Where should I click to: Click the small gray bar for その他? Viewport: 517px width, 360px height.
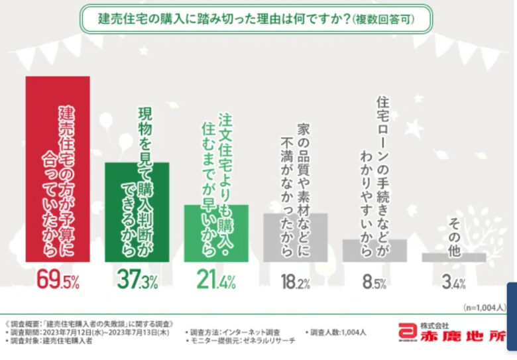pos(454,257)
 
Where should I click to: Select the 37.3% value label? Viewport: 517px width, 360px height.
pos(137,281)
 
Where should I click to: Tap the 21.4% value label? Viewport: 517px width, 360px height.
pos(216,281)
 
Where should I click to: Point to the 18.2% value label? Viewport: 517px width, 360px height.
pos(296,282)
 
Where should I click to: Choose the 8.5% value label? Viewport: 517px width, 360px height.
pos(374,282)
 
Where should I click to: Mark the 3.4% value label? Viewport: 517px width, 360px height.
pos(454,282)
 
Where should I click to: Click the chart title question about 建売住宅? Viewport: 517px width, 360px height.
pos(257,20)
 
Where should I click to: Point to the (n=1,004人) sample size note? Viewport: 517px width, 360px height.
pos(485,308)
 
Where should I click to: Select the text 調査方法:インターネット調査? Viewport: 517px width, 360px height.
pos(232,332)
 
